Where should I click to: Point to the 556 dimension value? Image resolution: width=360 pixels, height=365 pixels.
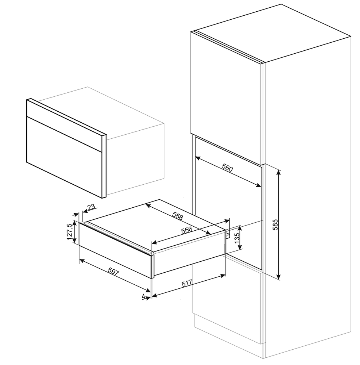pyautogui.click(x=186, y=231)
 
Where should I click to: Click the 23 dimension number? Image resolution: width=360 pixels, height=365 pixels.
pyautogui.click(x=91, y=207)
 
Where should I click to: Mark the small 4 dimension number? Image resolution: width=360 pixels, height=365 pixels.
pyautogui.click(x=144, y=296)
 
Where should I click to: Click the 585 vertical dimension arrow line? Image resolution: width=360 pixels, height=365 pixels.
pyautogui.click(x=279, y=204)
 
